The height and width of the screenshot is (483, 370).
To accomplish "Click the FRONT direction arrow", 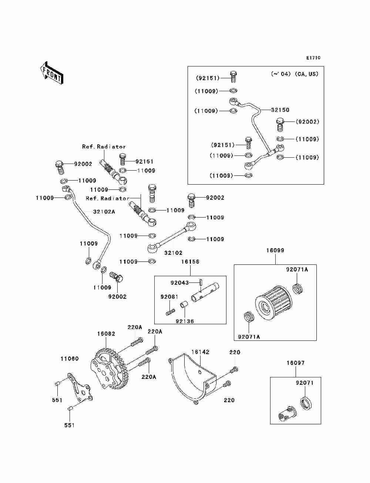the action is tap(51, 73).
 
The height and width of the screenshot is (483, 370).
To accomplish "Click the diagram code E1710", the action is tap(313, 58).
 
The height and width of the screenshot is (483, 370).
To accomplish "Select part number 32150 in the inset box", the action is tap(280, 110).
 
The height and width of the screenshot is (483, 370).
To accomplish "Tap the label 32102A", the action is tap(104, 212).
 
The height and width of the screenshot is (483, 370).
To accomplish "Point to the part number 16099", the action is tap(275, 250).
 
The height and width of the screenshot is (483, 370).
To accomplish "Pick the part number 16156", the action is tap(190, 262).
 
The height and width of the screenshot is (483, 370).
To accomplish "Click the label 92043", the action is tap(179, 282).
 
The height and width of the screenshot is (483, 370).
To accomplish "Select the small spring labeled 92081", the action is tap(170, 312).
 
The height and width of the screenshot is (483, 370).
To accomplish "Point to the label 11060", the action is tap(70, 359).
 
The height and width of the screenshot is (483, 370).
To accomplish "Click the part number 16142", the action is tap(200, 352).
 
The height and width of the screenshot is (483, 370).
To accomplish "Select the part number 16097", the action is tap(296, 363).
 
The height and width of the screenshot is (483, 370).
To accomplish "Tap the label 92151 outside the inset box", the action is tap(144, 161).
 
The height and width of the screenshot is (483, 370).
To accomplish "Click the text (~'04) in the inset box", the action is tap(281, 74).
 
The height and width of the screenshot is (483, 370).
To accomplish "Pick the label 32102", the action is tap(173, 253).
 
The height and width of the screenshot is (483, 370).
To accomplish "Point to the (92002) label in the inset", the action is tap(307, 122).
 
